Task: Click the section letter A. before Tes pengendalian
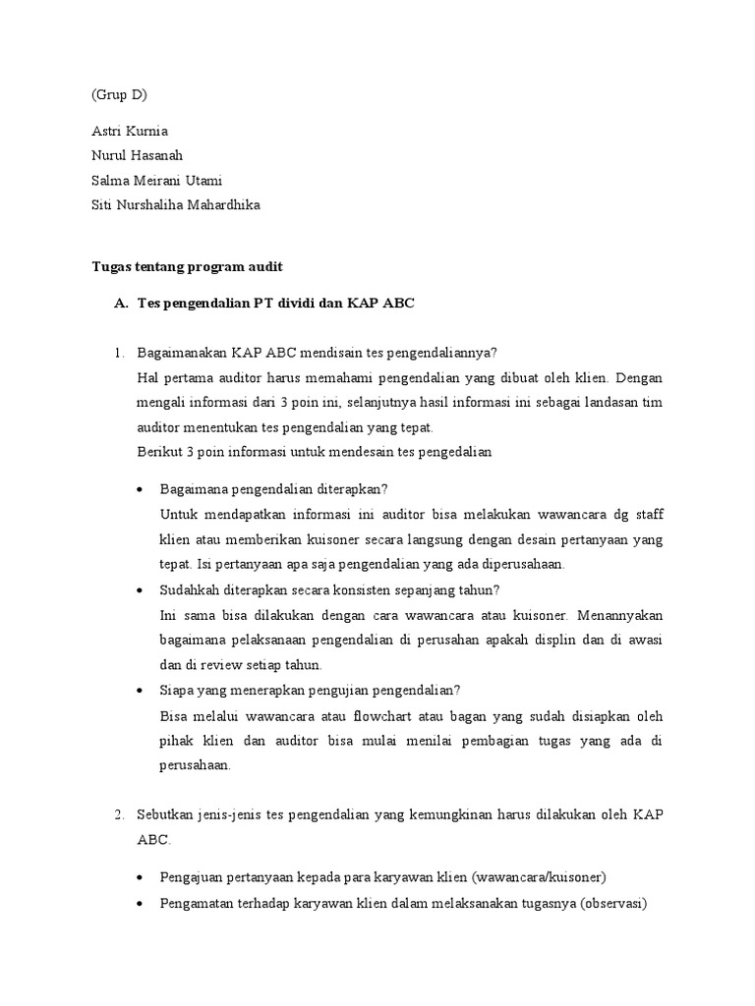(x=121, y=304)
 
